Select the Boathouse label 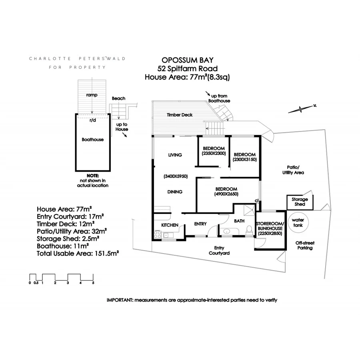pyautogui.click(x=92, y=140)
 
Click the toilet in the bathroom pyautogui.click(x=249, y=230)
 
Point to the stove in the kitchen pyautogui.click(x=158, y=234)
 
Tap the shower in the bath pyautogui.click(x=249, y=210)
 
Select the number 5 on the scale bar pyautogui.click(x=93, y=283)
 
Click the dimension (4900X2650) pyautogui.click(x=226, y=194)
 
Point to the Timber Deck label pyautogui.click(x=180, y=115)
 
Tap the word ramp pyautogui.click(x=92, y=95)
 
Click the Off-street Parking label pyautogui.click(x=305, y=246)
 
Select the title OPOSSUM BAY pyautogui.click(x=188, y=60)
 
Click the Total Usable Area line pyautogui.click(x=78, y=254)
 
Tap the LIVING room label pyautogui.click(x=175, y=155)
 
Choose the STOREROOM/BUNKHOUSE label pyautogui.click(x=270, y=226)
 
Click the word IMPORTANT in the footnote pyautogui.click(x=120, y=300)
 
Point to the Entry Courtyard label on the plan pyautogui.click(x=219, y=250)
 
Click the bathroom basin pyautogui.click(x=227, y=231)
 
